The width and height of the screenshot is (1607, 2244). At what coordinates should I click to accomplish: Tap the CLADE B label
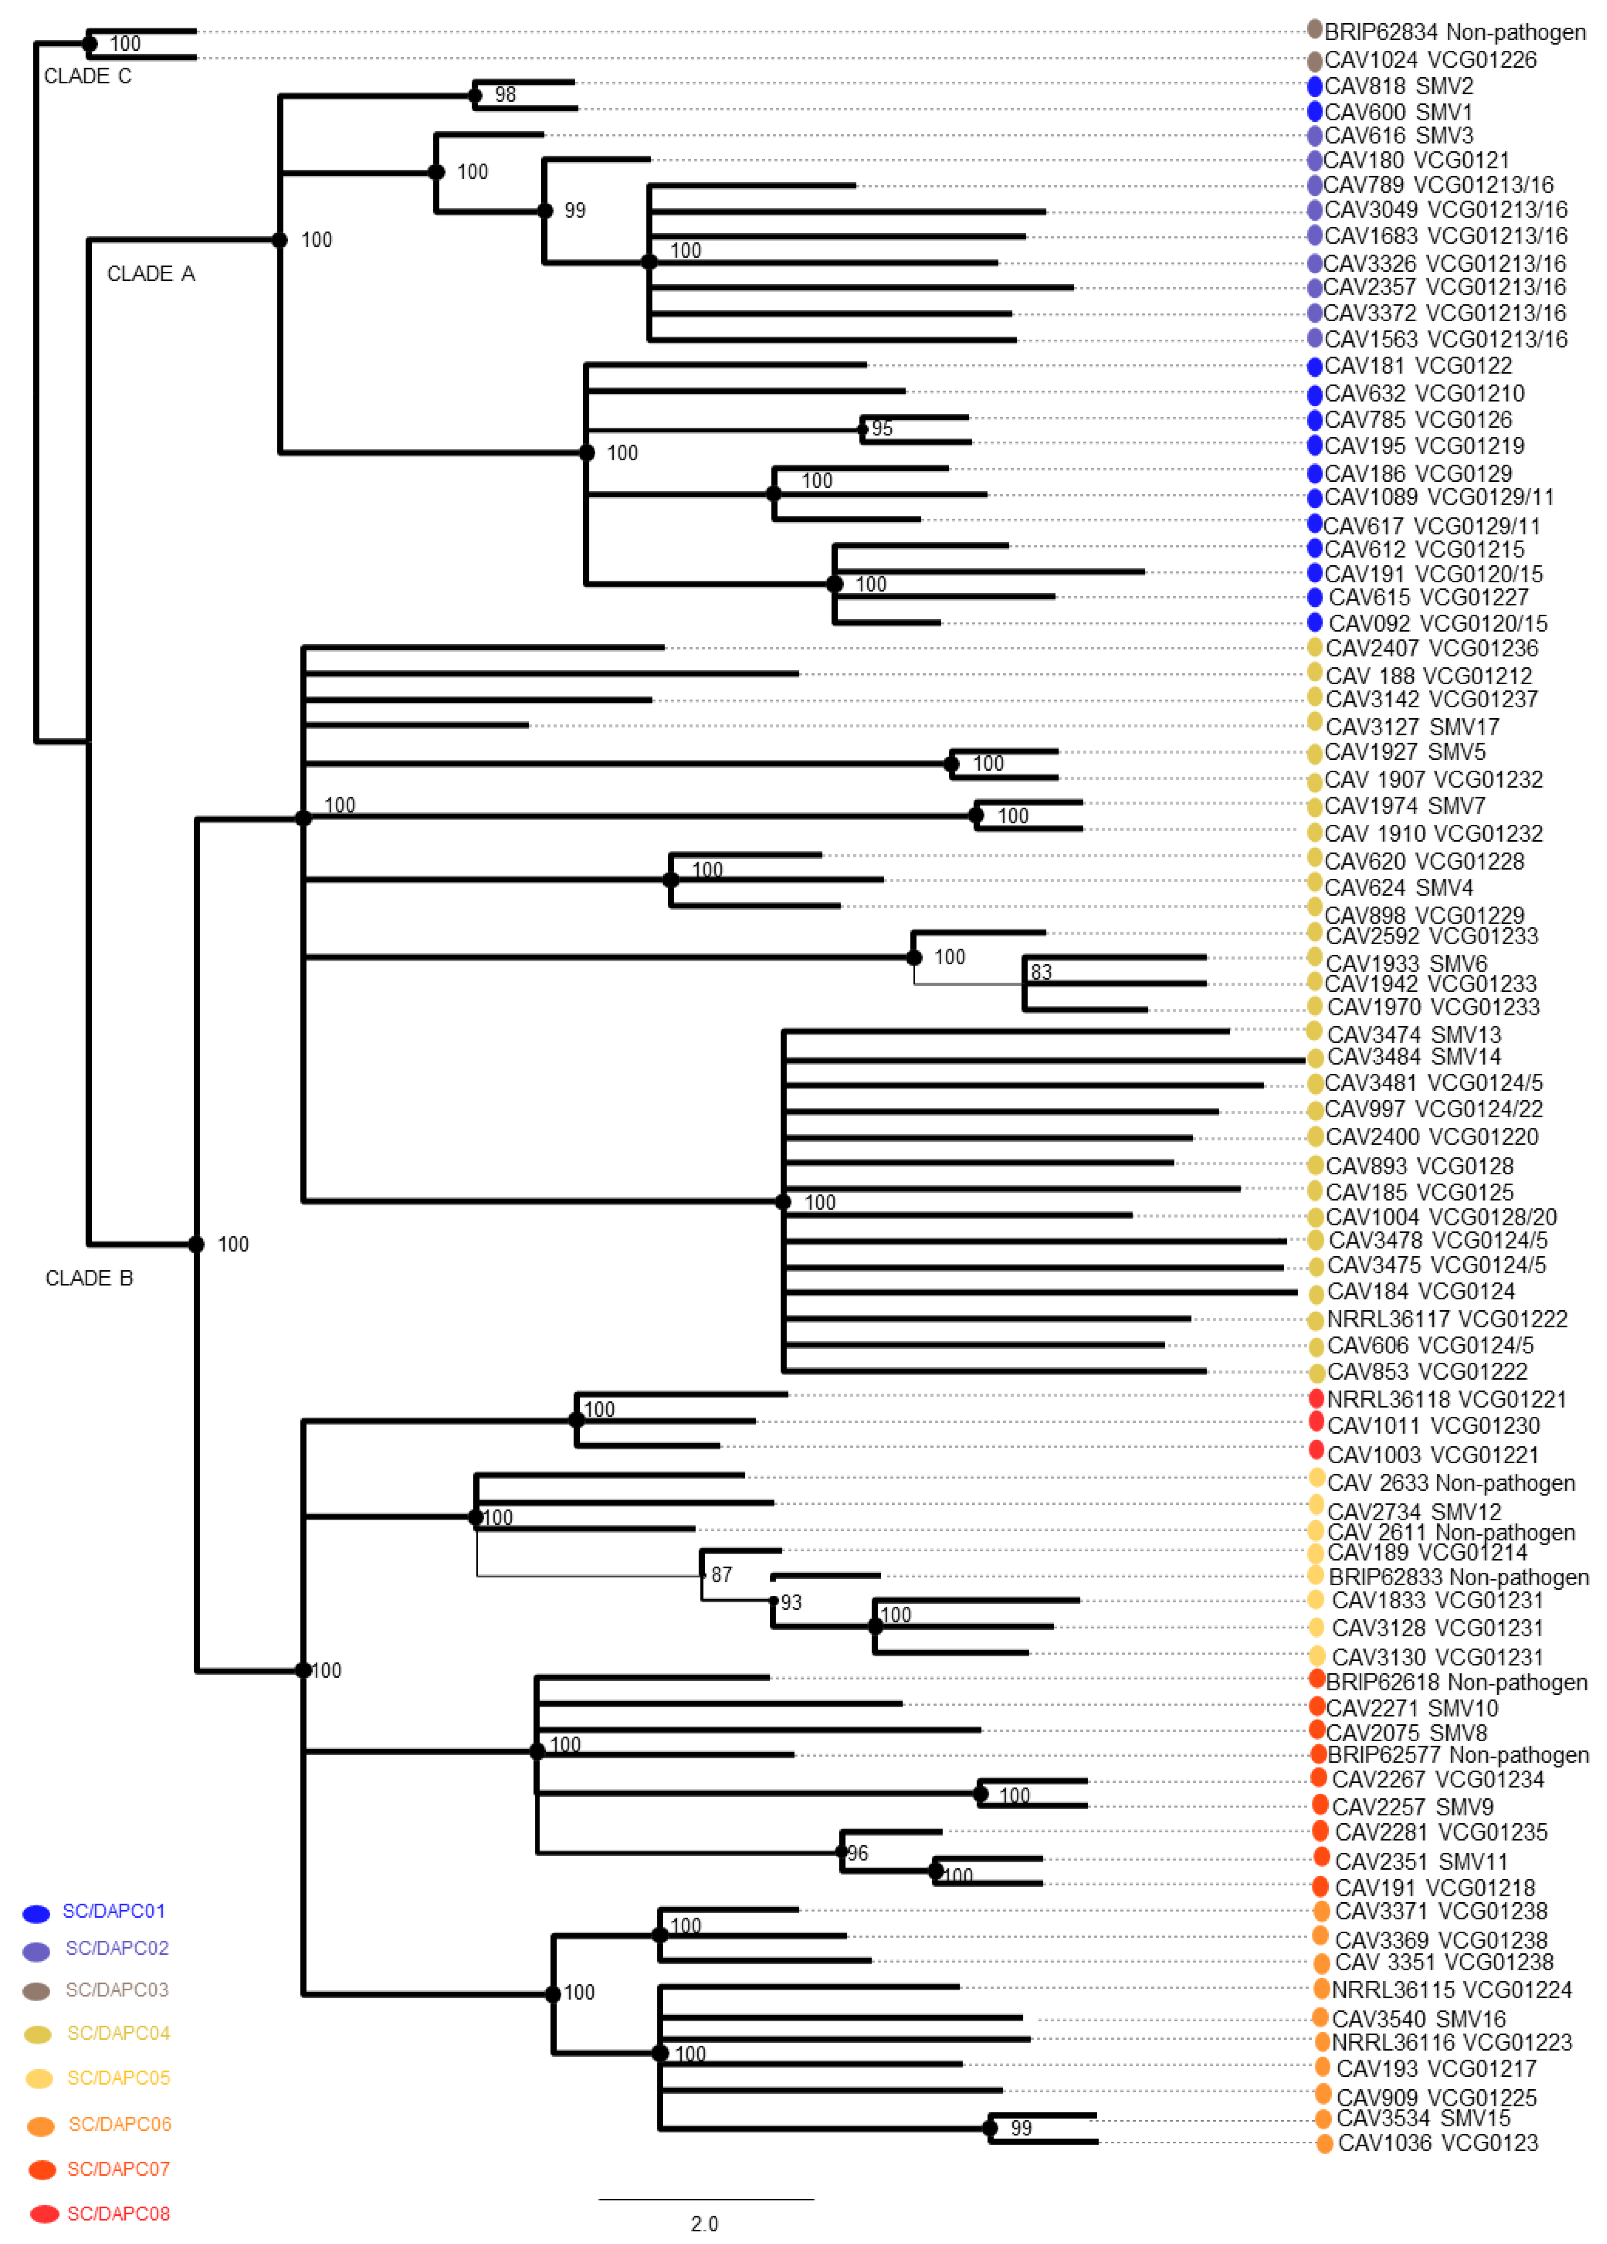point(89,1278)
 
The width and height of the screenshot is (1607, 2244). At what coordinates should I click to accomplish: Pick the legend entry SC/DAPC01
point(114,1911)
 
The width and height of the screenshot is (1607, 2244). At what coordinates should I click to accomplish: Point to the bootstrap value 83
point(1041,973)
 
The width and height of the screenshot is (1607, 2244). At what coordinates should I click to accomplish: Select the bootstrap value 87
point(722,1574)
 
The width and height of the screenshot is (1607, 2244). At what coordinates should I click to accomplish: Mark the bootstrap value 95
point(882,429)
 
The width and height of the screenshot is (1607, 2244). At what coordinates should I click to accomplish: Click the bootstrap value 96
point(858,1853)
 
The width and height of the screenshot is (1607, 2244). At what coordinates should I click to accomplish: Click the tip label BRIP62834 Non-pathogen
point(1455,33)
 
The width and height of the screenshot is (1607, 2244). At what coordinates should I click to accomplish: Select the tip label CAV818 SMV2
point(1398,86)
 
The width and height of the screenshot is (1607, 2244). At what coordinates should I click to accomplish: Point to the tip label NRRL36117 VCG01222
point(1447,1319)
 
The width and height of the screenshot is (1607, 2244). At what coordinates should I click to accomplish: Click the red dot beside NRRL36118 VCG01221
point(1316,1398)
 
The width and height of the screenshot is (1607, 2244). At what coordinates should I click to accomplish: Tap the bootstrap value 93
point(791,1602)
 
